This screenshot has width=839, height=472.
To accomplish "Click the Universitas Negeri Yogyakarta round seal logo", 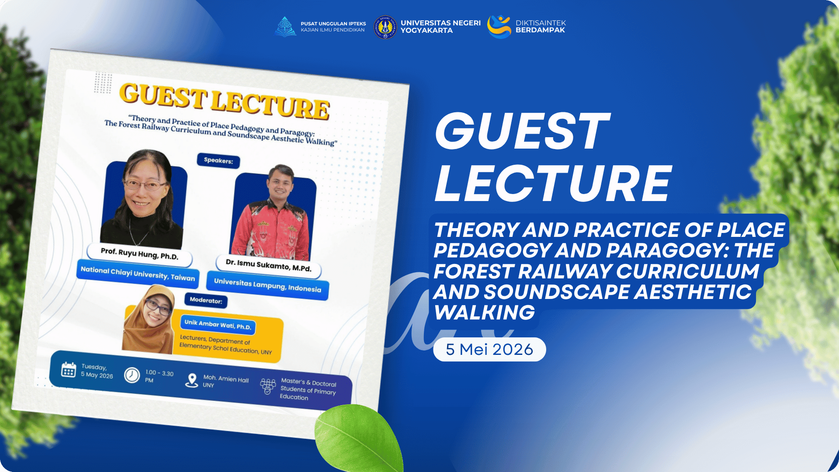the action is tap(385, 27).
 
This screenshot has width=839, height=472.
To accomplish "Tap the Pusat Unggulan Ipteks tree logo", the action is tap(285, 27).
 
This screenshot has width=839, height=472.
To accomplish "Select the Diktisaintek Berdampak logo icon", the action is tap(499, 27).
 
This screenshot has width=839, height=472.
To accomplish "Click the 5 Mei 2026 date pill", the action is tap(489, 349).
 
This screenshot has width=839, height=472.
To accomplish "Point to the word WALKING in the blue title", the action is tap(484, 312).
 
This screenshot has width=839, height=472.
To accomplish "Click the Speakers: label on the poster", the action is tap(218, 160).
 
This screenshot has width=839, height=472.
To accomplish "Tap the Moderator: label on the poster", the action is tap(206, 300).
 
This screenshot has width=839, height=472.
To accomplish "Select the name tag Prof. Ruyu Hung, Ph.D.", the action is tap(140, 253).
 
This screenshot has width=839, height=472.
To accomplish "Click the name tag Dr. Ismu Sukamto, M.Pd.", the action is tap(269, 265).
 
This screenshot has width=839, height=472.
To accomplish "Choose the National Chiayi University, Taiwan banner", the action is tap(138, 274).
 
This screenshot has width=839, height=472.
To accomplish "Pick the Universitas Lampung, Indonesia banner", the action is tap(267, 285).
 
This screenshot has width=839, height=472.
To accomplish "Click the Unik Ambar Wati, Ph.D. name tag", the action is tap(218, 324).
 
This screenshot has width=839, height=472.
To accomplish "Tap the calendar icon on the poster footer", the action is tap(69, 370).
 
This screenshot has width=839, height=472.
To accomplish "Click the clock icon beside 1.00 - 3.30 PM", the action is tap(132, 375).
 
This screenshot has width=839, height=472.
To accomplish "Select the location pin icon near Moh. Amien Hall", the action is tap(191, 380).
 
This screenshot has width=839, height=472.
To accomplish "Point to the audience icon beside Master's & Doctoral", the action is tap(267, 386).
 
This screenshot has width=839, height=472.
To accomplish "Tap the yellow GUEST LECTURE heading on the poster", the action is tap(225, 102).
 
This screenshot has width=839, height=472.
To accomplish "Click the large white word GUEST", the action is tap(522, 131).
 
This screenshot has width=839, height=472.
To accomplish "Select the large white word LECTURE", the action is tap(553, 184).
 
